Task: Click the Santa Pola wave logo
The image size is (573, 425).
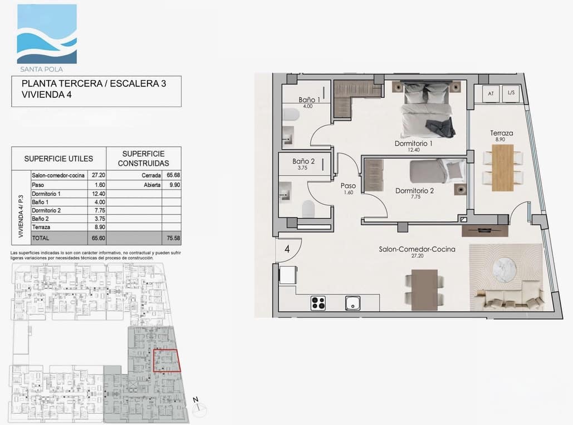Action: tap(47, 34)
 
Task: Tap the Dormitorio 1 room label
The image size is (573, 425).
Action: tap(413, 144)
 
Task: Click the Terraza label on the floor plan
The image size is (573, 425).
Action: tap(501, 133)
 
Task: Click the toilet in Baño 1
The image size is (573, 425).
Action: tap(291, 115)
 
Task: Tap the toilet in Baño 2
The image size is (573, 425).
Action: tap(307, 209)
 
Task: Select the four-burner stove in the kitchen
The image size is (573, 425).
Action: tap(318, 303)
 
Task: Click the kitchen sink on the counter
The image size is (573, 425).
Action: tap(352, 303)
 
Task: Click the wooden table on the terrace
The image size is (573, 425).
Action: tap(502, 167)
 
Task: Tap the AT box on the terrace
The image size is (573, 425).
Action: tap(491, 94)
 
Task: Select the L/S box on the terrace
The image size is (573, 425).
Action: tap(511, 94)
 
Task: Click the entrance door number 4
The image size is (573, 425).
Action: tap(287, 249)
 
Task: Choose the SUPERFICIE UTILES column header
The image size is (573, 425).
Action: tap(58, 159)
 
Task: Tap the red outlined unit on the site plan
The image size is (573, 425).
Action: tap(166, 360)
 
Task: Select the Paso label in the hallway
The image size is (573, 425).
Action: tap(348, 186)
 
